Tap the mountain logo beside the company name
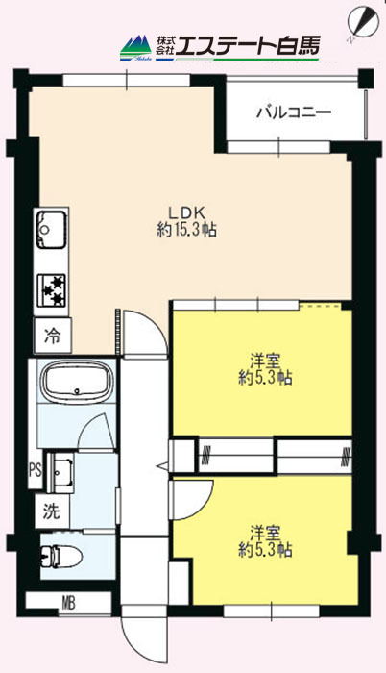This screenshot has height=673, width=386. (136, 48)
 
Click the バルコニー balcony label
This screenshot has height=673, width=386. (294, 112)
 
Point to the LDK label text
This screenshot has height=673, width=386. (187, 212)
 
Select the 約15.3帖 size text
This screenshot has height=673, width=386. (186, 231)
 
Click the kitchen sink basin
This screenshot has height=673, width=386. (52, 230)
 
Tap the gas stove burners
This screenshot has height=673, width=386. (52, 289)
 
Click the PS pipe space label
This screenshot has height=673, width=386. (36, 470)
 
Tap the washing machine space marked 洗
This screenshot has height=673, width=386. (52, 511)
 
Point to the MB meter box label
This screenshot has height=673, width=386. (68, 604)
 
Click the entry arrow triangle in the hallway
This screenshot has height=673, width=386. (164, 465)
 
